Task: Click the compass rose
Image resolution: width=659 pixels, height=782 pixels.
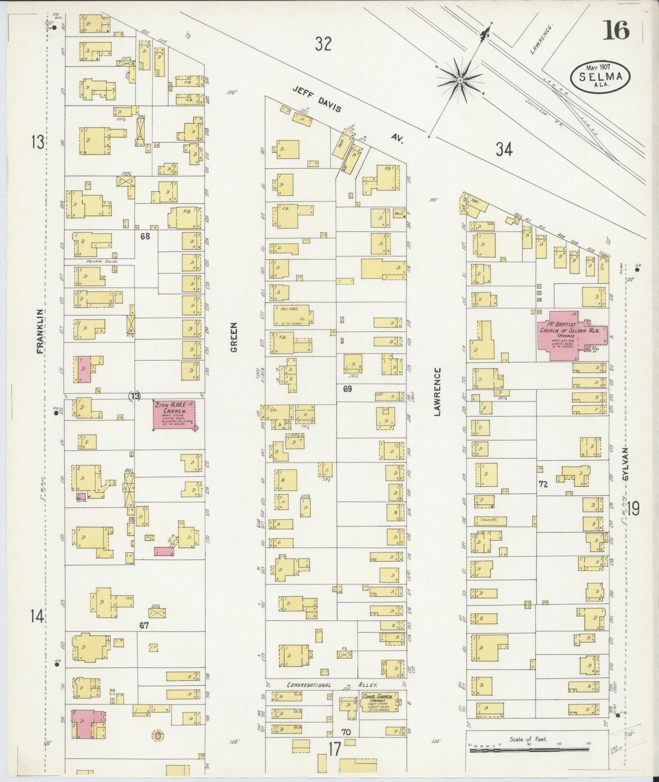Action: click(460, 80)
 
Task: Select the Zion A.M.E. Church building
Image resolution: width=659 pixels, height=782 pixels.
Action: click(175, 414)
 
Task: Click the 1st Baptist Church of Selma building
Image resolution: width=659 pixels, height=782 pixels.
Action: click(571, 335)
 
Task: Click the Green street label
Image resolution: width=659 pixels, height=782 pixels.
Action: click(234, 337)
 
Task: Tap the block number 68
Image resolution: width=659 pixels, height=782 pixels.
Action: click(145, 236)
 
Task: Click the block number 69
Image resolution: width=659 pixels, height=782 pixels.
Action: click(348, 389)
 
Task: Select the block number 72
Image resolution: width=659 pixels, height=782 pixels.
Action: click(542, 485)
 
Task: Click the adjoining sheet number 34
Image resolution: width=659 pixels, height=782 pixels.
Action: click(504, 149)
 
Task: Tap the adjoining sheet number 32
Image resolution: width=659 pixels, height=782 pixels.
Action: click(323, 44)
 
